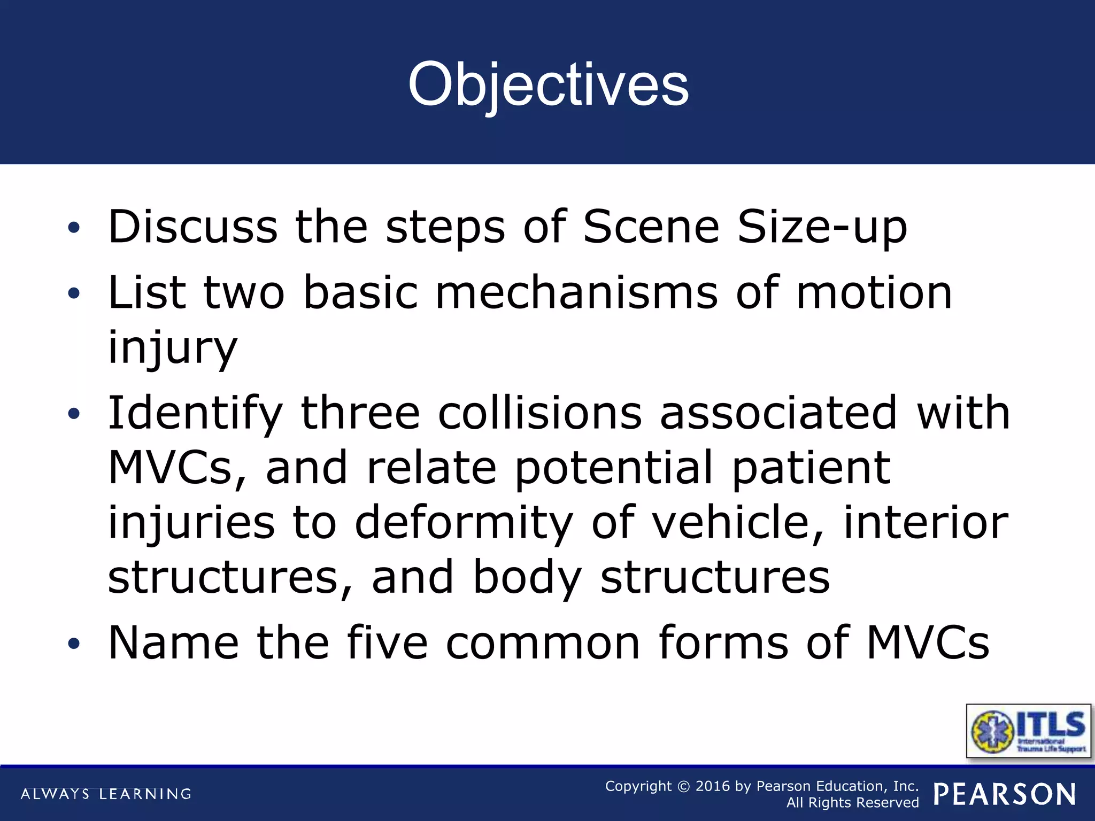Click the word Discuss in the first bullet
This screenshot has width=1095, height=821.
(x=192, y=227)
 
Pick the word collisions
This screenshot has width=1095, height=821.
(x=539, y=413)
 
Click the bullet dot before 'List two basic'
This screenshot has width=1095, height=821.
(x=74, y=293)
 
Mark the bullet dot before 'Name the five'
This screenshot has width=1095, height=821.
(x=74, y=643)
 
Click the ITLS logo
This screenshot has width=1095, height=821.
(x=1028, y=731)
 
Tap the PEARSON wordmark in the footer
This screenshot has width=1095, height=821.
(x=1005, y=794)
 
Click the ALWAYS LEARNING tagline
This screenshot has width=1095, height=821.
(x=106, y=794)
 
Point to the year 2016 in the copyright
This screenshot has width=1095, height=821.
(x=712, y=786)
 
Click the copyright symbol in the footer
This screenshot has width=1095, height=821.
(x=683, y=787)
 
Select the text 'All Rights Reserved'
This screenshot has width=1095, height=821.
(x=852, y=803)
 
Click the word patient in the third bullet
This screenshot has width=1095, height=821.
(x=811, y=468)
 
